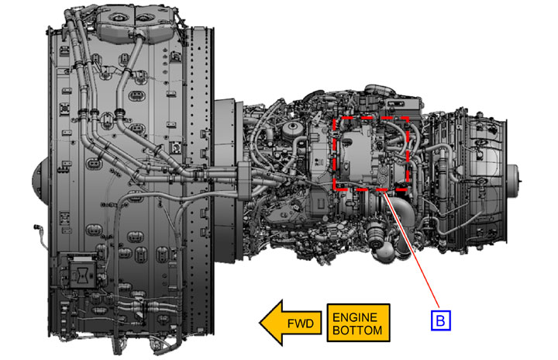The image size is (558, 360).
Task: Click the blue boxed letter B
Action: tap(440, 317)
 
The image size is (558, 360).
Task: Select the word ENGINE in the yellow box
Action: tap(356, 316)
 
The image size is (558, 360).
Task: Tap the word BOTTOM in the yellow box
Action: tap(356, 331)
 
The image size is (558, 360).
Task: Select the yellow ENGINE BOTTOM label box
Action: tap(356, 324)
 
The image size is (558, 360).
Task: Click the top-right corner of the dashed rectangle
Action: tap(408, 117)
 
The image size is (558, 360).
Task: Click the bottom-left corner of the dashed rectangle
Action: tap(334, 190)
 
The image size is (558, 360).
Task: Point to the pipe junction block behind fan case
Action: tap(239, 178)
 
